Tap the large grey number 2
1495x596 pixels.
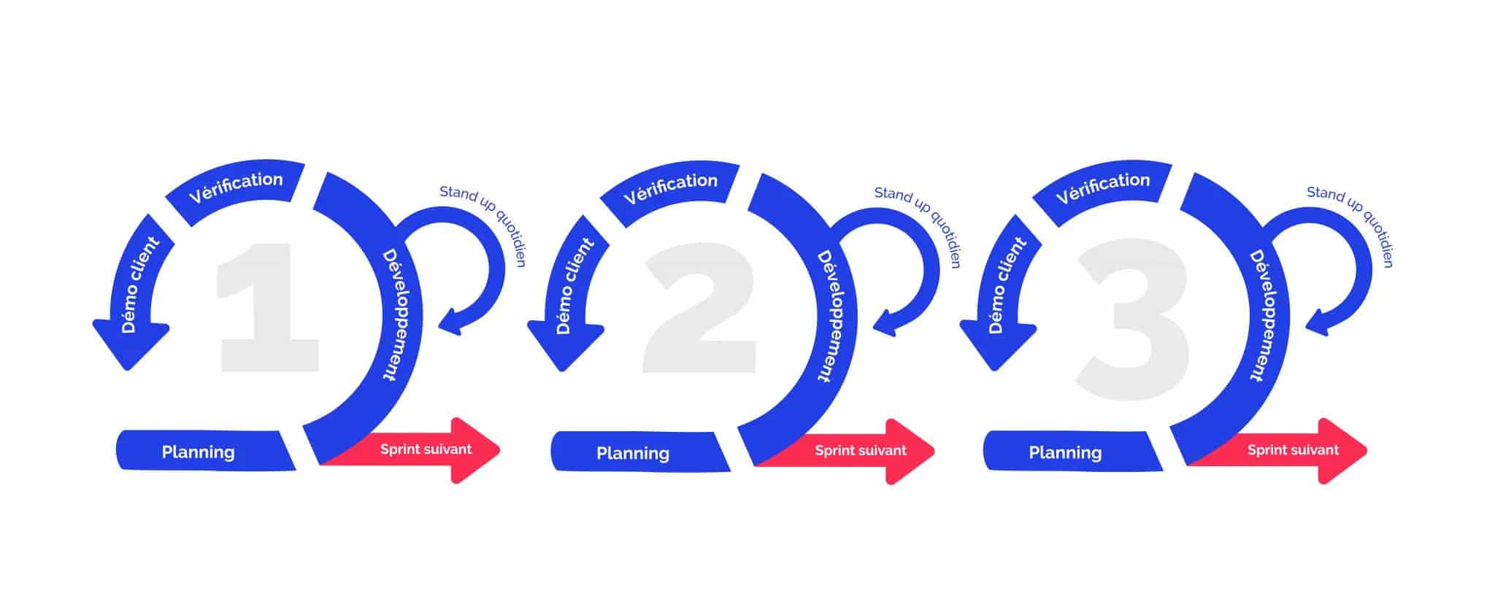click(699, 310)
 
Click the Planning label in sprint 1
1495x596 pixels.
click(199, 452)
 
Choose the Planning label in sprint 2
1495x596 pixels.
click(633, 453)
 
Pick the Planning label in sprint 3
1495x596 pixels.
click(1065, 453)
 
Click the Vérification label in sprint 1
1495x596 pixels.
click(235, 187)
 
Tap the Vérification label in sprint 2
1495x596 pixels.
click(670, 187)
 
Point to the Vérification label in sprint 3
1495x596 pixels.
click(1102, 187)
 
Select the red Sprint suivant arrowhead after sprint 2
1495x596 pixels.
click(908, 452)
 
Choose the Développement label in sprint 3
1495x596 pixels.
click(1267, 315)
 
